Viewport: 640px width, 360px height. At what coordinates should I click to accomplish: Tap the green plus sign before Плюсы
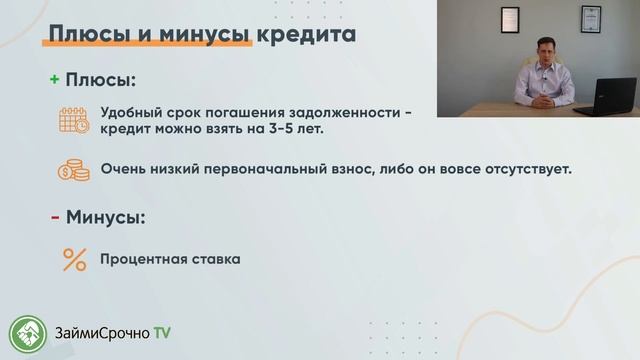click(55, 80)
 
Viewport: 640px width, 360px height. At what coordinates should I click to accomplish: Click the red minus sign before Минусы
click(55, 216)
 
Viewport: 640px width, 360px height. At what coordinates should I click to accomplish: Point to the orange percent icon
click(74, 259)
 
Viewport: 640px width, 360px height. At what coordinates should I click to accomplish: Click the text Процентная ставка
click(170, 260)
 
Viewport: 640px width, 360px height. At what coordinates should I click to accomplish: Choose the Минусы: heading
click(106, 216)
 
